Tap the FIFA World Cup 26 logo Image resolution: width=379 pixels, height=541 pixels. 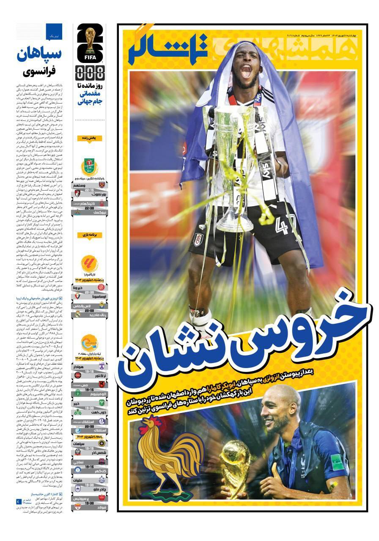pyautogui.click(x=90, y=42)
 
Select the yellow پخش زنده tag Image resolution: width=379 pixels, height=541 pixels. pyautogui.click(x=90, y=138)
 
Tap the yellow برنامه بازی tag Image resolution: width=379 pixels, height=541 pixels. pyautogui.click(x=90, y=235)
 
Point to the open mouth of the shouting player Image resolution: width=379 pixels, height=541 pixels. pyautogui.click(x=245, y=71)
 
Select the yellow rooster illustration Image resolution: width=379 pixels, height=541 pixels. pyautogui.click(x=169, y=454)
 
